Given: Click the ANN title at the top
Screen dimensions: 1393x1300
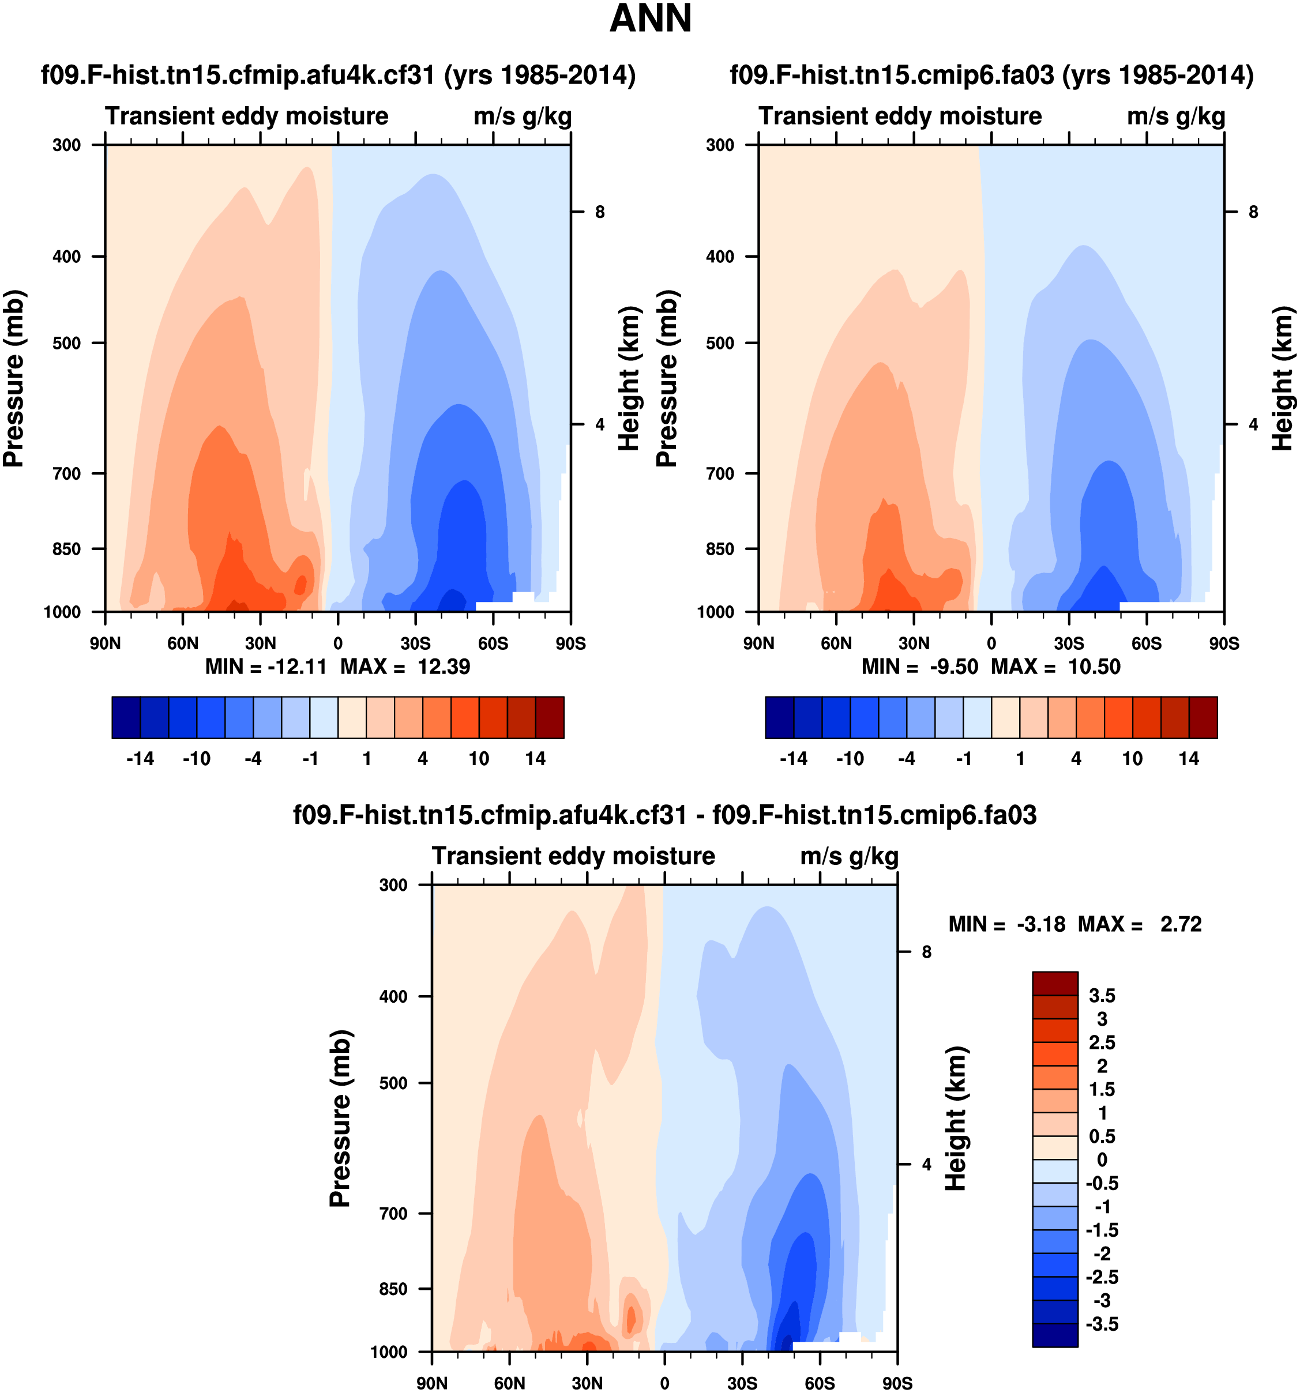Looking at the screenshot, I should tap(651, 19).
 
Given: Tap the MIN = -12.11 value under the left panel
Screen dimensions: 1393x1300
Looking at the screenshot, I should tap(266, 667).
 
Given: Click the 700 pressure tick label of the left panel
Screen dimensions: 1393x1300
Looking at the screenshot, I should tap(67, 474).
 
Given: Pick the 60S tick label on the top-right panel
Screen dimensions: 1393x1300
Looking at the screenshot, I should tap(1147, 643).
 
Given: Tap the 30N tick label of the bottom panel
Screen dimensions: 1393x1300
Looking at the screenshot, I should tap(587, 1383).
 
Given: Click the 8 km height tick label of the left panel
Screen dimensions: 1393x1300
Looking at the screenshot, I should tap(600, 212).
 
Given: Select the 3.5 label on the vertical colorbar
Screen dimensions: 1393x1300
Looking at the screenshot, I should tap(1102, 996).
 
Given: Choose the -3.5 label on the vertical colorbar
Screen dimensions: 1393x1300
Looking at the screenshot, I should tap(1102, 1324).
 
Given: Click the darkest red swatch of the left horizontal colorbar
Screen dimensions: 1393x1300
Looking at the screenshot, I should tap(550, 717).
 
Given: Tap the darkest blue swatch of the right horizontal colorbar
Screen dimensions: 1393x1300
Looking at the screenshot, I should tap(779, 717).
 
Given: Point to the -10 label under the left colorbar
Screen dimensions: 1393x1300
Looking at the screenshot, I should tap(196, 759).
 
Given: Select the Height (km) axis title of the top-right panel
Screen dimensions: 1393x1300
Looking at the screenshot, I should tap(1282, 378).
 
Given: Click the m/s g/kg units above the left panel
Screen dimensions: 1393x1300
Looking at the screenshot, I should tap(522, 116).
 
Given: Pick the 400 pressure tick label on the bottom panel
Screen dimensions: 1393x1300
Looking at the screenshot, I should tap(393, 996).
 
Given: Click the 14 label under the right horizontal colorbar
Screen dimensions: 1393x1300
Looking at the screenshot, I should tap(1189, 759).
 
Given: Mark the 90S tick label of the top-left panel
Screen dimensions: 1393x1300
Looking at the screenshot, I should tap(570, 643).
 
